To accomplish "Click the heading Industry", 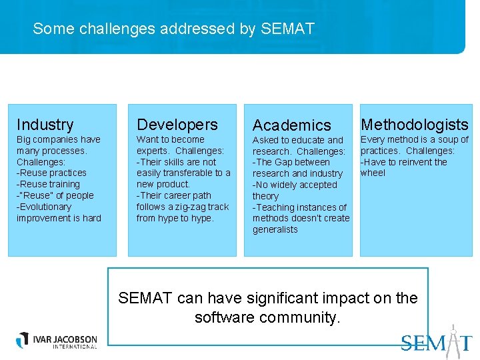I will (x=45, y=125).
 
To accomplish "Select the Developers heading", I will (x=177, y=125).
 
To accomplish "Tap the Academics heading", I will (x=292, y=125).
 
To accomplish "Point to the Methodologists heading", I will (x=415, y=125).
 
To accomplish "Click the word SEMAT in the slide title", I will (x=288, y=29).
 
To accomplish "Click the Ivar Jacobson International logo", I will (x=57, y=340).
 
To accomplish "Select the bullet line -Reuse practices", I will (x=51, y=173).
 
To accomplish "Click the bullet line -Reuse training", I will (x=48, y=184).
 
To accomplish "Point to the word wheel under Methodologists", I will (x=373, y=173).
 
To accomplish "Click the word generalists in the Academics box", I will (x=275, y=229).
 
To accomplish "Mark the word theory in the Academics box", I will (x=265, y=196).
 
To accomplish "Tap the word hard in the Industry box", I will (x=92, y=218).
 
